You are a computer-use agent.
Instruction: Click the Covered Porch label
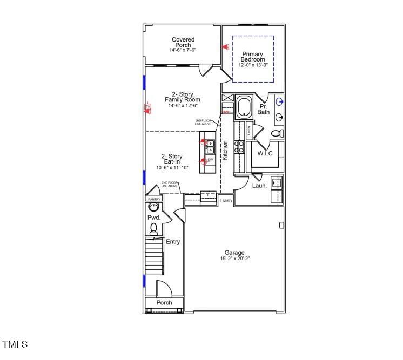(183, 43)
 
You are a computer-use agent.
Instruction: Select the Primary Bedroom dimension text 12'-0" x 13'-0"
(253, 65)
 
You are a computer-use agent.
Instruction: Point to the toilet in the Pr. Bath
(276, 133)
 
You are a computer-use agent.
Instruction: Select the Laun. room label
(259, 186)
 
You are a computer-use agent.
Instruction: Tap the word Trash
(225, 201)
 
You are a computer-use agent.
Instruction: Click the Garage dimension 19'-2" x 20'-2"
(234, 259)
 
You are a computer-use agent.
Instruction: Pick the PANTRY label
(154, 199)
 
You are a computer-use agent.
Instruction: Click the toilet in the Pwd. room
(153, 229)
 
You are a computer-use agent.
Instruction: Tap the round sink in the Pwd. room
(154, 207)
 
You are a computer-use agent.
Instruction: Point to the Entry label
(173, 242)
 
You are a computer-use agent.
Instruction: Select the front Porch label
(164, 303)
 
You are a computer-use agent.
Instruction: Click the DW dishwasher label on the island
(211, 160)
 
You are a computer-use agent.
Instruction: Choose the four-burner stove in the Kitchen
(239, 147)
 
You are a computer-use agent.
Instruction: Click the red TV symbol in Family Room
(146, 108)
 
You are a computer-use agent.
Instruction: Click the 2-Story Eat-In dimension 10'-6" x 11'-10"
(171, 168)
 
